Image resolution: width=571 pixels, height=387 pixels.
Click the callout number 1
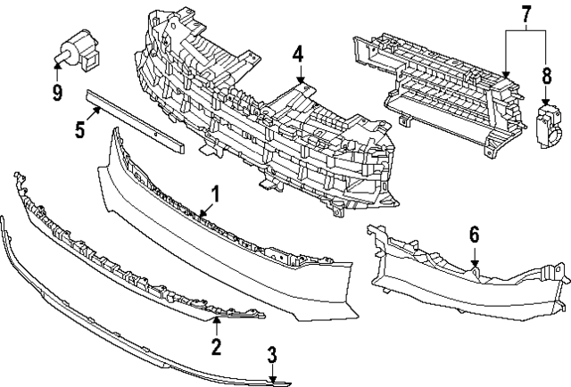214,193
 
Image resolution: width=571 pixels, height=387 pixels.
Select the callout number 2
215,344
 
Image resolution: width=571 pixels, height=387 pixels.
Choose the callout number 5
79,130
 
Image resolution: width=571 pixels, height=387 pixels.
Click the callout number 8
546,78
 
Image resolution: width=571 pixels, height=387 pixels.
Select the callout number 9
57,91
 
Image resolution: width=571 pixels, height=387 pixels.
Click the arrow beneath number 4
300,77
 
